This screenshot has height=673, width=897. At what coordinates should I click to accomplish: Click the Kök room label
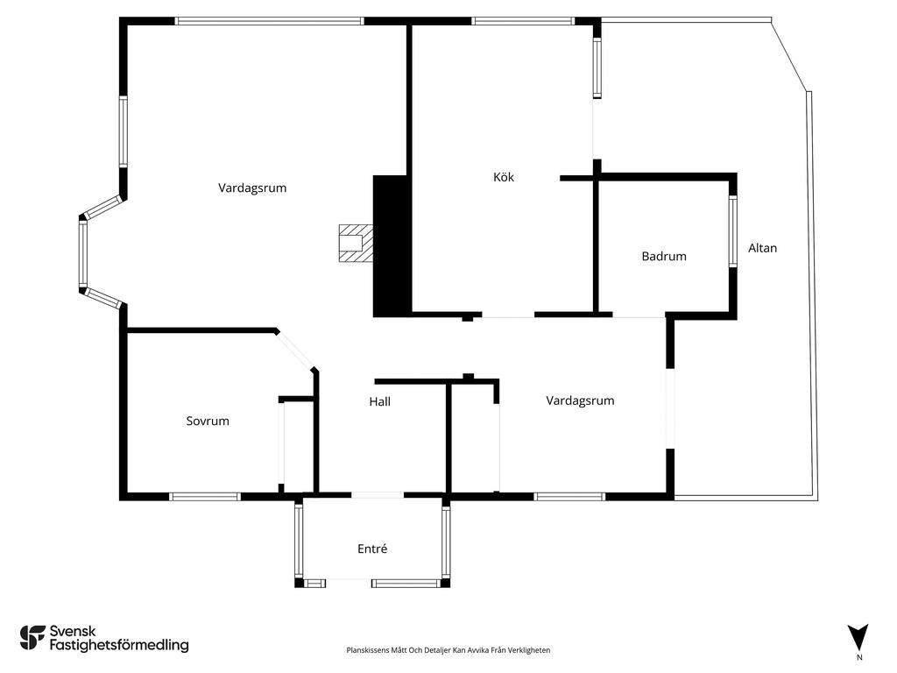coord(504,177)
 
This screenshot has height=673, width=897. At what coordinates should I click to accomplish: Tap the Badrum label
coord(664,257)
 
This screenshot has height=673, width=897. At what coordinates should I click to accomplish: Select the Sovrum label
coord(208,422)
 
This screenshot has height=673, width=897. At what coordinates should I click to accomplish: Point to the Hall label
coord(380,401)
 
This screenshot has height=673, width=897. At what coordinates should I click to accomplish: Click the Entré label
coord(372,549)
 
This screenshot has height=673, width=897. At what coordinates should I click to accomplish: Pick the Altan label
coord(763,248)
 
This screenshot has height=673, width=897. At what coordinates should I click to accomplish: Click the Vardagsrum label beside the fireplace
coord(252,188)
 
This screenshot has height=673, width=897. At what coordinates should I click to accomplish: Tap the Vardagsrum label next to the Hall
coord(580,400)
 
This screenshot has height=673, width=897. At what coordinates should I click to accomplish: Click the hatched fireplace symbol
coord(356,244)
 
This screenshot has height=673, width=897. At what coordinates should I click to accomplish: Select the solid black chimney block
coord(392,246)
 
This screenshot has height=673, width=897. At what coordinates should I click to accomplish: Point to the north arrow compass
coord(858,637)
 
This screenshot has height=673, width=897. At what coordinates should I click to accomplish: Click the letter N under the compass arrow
coord(858,657)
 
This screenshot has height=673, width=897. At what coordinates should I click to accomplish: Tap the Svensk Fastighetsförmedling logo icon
coord(32,638)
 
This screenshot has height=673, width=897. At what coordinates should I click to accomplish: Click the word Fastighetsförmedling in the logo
coord(119,646)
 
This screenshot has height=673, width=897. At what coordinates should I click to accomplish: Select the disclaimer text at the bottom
coord(448,650)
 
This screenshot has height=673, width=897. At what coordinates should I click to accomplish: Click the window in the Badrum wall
coord(733,231)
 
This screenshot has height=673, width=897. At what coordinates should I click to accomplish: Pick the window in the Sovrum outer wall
coord(205,497)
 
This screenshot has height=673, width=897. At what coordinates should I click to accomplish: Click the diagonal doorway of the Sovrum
coord(295,351)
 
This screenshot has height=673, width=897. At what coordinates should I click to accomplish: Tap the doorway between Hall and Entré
coord(378,495)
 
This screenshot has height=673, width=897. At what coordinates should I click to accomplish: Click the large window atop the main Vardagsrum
coord(270,21)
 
